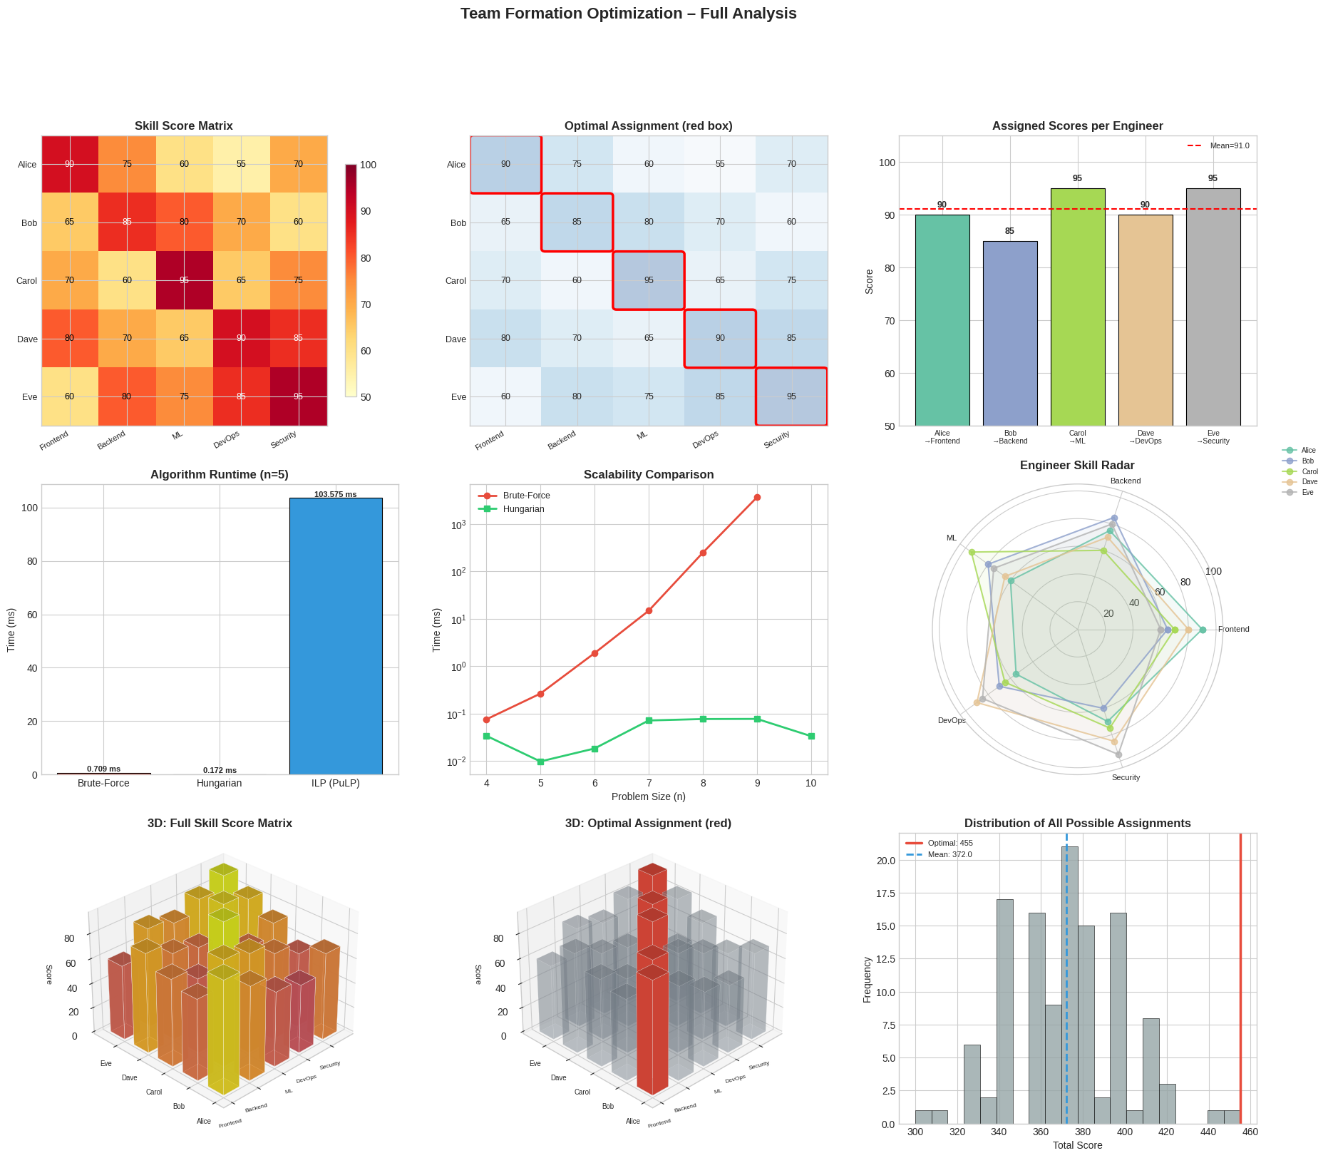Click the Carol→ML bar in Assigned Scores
click(x=1077, y=307)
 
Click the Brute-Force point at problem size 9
click(x=757, y=497)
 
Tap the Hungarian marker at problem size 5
click(x=540, y=762)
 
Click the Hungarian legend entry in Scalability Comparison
click(x=523, y=509)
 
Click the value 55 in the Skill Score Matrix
click(x=241, y=164)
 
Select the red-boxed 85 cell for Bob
click(x=577, y=222)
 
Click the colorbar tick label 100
click(x=369, y=165)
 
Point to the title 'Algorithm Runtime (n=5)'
click(x=220, y=474)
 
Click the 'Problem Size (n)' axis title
click(x=648, y=796)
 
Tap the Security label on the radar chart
click(x=1126, y=777)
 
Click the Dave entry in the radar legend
click(x=1309, y=482)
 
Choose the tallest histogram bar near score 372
click(x=1069, y=984)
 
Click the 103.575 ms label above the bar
click(x=335, y=494)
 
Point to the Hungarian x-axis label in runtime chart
click(x=220, y=783)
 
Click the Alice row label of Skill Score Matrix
click(x=27, y=165)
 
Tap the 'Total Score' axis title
click(x=1077, y=1145)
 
